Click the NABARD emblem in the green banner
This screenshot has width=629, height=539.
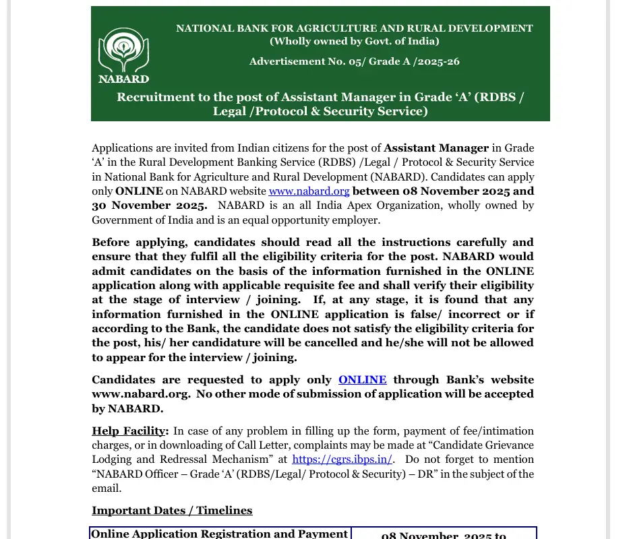(x=123, y=50)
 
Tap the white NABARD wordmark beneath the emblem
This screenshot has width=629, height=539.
(x=123, y=79)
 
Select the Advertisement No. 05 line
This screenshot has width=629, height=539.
(x=354, y=61)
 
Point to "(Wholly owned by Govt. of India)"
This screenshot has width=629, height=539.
(x=354, y=41)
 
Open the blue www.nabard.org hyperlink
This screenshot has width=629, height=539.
(x=309, y=191)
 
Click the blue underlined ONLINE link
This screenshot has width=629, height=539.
(x=362, y=380)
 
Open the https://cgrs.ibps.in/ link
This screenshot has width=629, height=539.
(x=342, y=459)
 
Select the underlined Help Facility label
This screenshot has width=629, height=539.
(x=129, y=431)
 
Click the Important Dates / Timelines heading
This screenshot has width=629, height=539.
(x=172, y=511)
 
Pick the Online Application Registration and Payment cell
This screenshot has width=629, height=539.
(x=219, y=534)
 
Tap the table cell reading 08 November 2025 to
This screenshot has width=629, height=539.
(x=443, y=535)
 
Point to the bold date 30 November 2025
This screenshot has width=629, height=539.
(x=150, y=205)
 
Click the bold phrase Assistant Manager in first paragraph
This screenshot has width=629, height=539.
(x=436, y=148)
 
